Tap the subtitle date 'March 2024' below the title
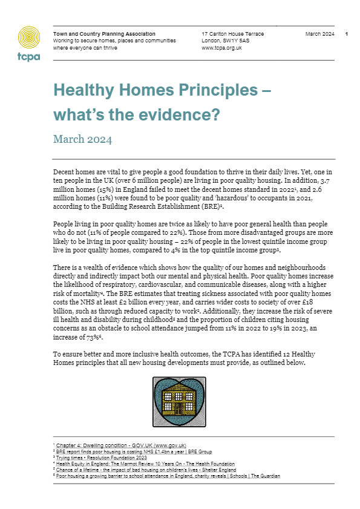(x=82, y=140)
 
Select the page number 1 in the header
(x=346, y=34)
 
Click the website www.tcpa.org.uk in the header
(x=222, y=48)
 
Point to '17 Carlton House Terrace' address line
(x=230, y=34)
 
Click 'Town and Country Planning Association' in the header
(x=104, y=34)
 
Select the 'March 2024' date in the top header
(x=318, y=34)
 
